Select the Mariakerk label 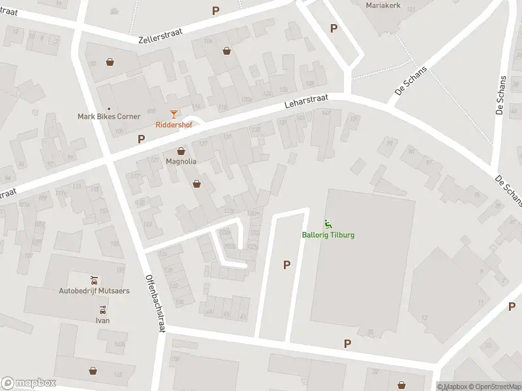(x=382, y=5)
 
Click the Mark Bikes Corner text (x=109, y=117)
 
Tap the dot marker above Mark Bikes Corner (x=109, y=108)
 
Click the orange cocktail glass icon (x=174, y=115)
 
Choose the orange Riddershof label (x=174, y=124)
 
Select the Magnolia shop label (x=181, y=162)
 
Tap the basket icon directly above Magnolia (x=181, y=152)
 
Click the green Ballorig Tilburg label (x=328, y=235)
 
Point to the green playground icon (x=328, y=225)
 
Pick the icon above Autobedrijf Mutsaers (x=94, y=280)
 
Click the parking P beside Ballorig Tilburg (x=286, y=264)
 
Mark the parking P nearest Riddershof (x=141, y=139)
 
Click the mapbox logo (x=29, y=383)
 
